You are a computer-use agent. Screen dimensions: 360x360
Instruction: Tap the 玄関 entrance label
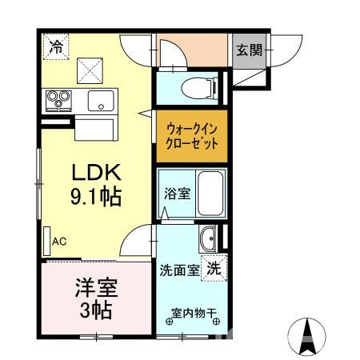(249, 50)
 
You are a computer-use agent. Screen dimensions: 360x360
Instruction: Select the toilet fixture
(194, 87)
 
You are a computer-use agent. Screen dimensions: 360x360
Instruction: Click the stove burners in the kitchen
(59, 100)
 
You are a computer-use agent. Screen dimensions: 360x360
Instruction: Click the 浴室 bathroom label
(178, 194)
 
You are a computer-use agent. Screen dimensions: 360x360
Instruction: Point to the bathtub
(209, 195)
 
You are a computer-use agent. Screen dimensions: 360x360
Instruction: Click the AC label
(59, 240)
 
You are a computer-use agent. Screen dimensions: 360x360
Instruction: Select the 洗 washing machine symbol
(214, 269)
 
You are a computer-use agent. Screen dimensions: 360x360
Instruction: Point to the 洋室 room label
(94, 286)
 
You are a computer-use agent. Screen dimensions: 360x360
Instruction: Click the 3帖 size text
(94, 309)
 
